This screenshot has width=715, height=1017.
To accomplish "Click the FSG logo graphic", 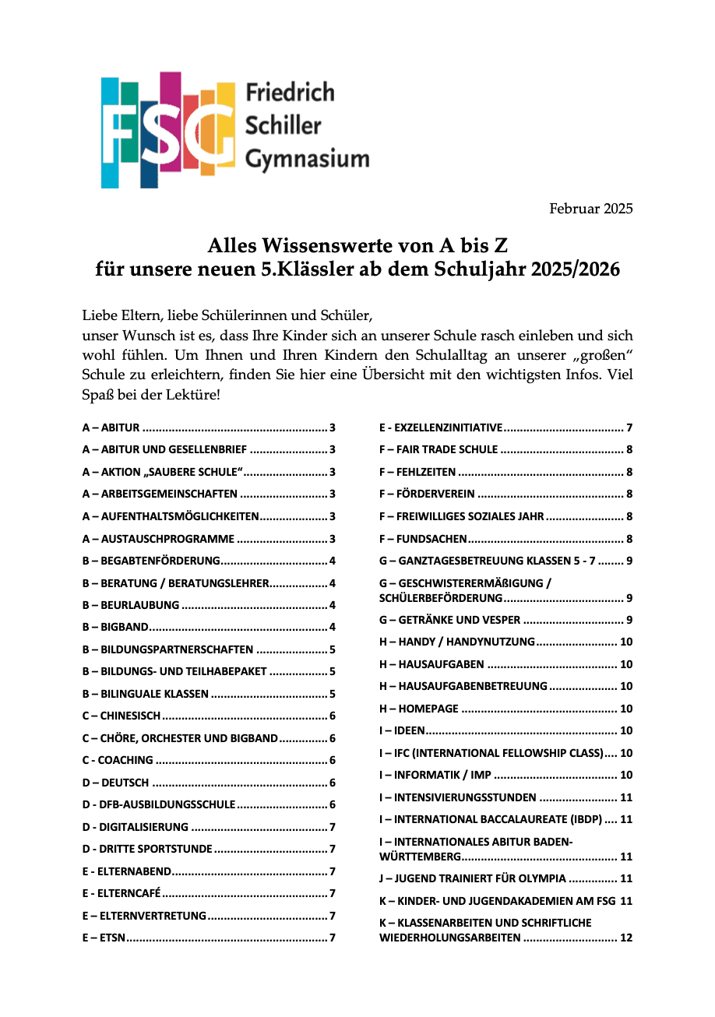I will pyautogui.click(x=167, y=129).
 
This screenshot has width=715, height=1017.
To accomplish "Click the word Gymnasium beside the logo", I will pyautogui.click(x=307, y=160).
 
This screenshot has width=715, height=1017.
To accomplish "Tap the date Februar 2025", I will pyautogui.click(x=591, y=209).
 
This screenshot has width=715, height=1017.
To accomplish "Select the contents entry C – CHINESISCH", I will pyautogui.click(x=122, y=716).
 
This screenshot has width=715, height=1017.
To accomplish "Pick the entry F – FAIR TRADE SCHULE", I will pyautogui.click(x=439, y=449).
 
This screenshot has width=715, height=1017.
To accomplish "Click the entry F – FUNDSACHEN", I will pyautogui.click(x=423, y=538).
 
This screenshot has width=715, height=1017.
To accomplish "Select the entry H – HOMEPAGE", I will pyautogui.click(x=419, y=709).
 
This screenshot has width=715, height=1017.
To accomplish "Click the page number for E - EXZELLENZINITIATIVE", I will pyautogui.click(x=629, y=428).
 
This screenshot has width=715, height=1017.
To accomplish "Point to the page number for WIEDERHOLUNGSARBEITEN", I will pyautogui.click(x=626, y=938).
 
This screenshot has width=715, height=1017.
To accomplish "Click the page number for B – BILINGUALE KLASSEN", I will pyautogui.click(x=333, y=694).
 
